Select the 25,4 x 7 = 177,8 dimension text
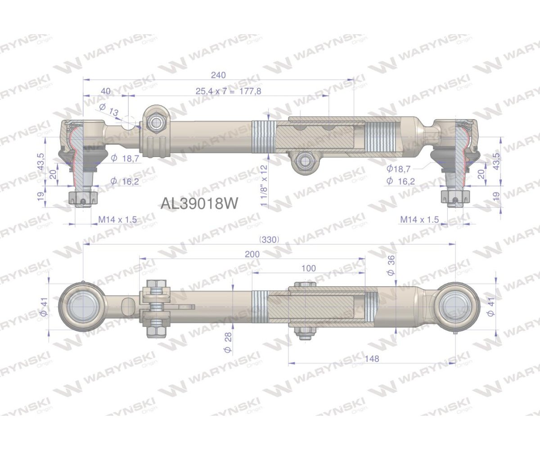tap(228, 91)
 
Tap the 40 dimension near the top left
tap(106, 91)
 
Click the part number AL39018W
tap(198, 203)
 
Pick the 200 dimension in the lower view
tap(252, 254)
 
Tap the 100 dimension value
tap(308, 268)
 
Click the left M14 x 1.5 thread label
tap(117, 220)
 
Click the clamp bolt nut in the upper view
tap(156, 121)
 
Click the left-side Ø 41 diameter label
tap(44, 307)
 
